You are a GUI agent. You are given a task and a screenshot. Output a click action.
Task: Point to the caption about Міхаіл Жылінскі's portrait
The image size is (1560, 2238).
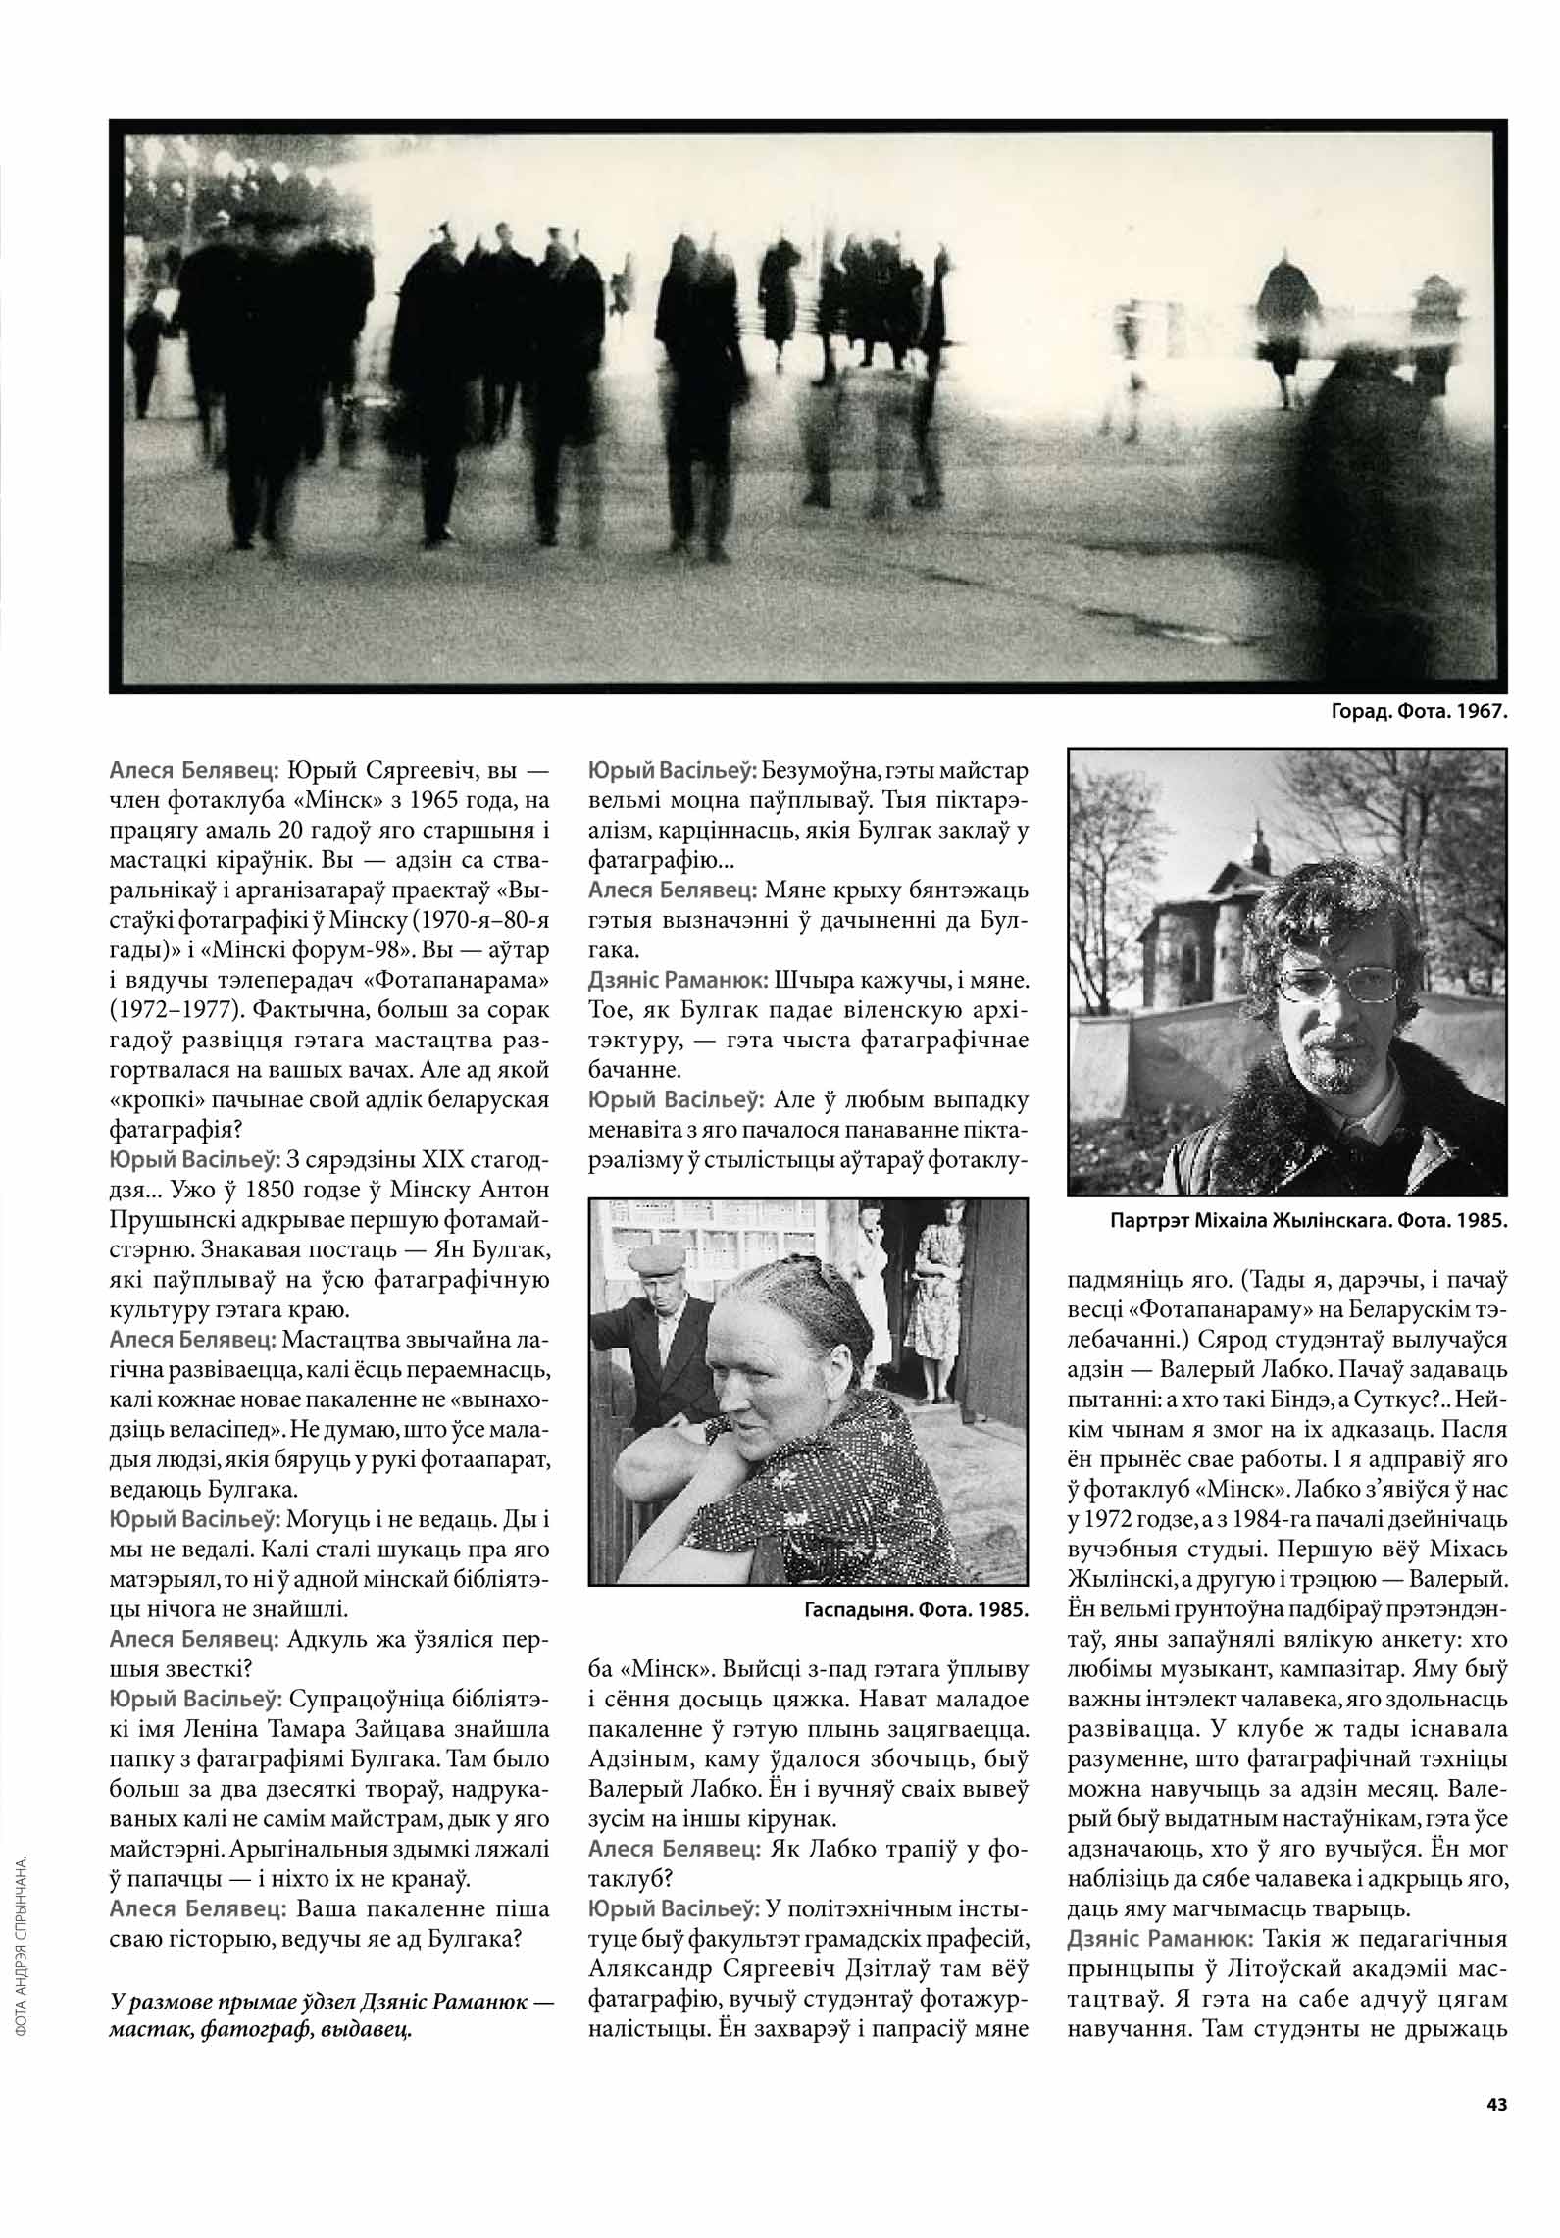point(1308,1222)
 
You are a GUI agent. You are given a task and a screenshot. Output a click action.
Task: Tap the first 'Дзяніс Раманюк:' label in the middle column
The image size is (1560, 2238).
point(678,980)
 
